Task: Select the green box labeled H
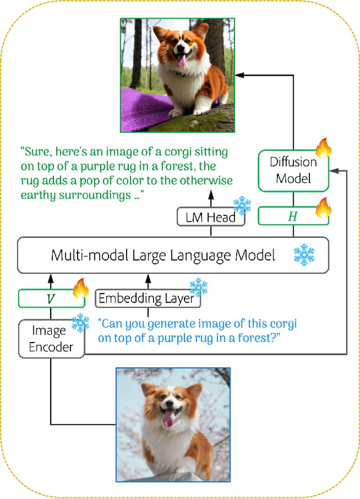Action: (x=292, y=217)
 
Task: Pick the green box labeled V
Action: (x=50, y=299)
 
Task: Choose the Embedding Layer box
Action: (x=147, y=299)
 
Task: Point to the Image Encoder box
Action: (x=51, y=339)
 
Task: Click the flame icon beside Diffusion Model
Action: (x=323, y=148)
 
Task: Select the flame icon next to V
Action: (x=81, y=289)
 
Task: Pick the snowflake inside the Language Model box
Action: (x=304, y=255)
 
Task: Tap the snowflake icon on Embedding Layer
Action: (x=198, y=287)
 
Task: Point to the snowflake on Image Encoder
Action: (x=80, y=323)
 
